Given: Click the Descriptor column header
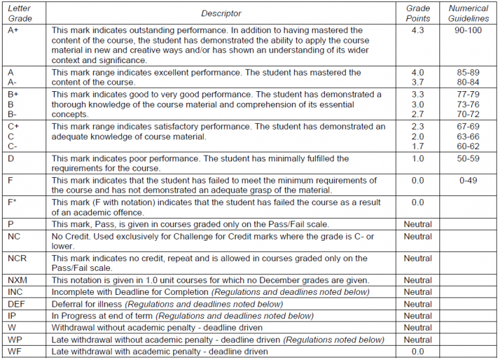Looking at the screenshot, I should [221, 13].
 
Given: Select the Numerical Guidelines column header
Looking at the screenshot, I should [468, 13].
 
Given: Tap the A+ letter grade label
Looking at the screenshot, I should [14, 31].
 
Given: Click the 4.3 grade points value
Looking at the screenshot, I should [417, 31].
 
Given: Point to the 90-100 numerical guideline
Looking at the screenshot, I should [468, 31].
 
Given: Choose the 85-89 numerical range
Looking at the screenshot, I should [468, 72].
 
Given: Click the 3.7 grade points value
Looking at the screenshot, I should [417, 83].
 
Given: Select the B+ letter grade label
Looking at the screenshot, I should [14, 94].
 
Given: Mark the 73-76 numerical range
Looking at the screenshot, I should [468, 105].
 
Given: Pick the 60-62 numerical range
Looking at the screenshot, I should [468, 147].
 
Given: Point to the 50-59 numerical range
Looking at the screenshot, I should [468, 159].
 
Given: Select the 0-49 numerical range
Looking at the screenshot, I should [468, 180].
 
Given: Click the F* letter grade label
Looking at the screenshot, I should [12, 202].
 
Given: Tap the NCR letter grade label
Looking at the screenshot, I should [17, 258].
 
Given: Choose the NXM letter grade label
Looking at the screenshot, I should [18, 281].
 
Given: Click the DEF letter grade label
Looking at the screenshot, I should [16, 304].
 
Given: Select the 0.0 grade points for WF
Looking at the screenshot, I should [417, 352].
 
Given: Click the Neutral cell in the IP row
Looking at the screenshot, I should [417, 316].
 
